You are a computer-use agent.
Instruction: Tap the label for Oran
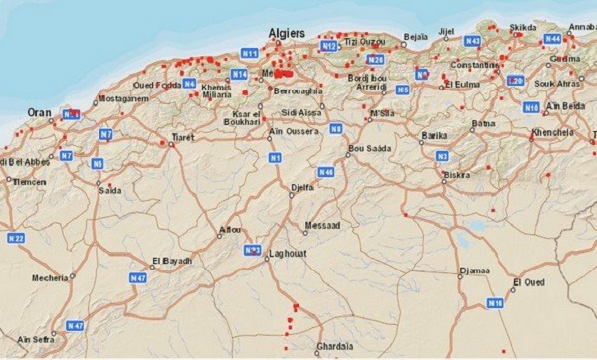39,112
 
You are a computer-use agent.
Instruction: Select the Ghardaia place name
334,346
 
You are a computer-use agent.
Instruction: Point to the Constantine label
477,64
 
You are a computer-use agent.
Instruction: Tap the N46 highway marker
326,171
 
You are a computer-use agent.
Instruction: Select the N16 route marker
496,302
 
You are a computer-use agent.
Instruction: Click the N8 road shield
337,128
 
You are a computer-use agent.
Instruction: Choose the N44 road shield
552,38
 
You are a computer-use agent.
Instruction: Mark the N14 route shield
239,74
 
